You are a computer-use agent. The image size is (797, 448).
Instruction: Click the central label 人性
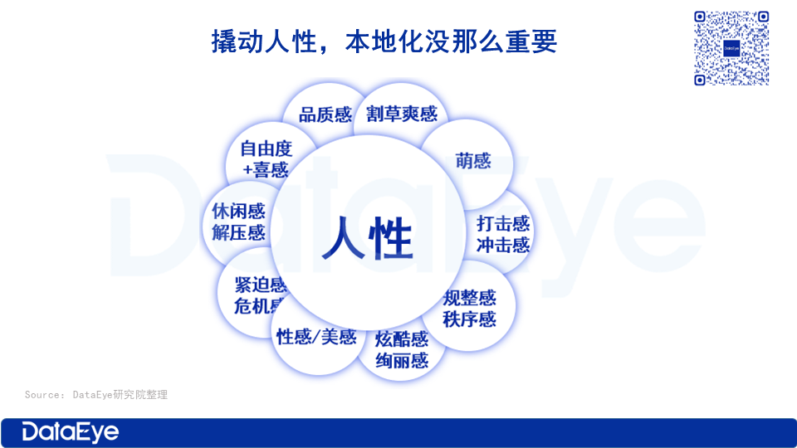[367, 238]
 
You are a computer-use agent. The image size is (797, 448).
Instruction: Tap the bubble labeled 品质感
[325, 114]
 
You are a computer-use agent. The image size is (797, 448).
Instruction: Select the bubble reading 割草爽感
[402, 114]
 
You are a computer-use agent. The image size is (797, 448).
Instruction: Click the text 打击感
[503, 223]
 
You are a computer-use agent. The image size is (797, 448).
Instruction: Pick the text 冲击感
[503, 246]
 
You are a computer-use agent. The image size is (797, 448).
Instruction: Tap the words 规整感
[469, 298]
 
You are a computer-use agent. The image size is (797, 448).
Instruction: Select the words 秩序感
[469, 319]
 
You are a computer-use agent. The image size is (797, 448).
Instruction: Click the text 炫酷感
[402, 339]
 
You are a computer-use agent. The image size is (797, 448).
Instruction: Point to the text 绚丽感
[402, 361]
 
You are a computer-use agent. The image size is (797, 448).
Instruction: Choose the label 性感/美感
[316, 337]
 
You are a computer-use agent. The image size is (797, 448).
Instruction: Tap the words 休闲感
[238, 211]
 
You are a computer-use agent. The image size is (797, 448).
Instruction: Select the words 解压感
[238, 232]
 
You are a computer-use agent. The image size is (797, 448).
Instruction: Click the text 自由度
[266, 149]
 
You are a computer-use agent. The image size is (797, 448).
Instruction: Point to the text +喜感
[266, 169]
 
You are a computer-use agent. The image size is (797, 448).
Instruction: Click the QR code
[731, 48]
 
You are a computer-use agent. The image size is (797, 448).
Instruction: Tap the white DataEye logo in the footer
[70, 432]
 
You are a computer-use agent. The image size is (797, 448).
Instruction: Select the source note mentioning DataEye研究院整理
[96, 395]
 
